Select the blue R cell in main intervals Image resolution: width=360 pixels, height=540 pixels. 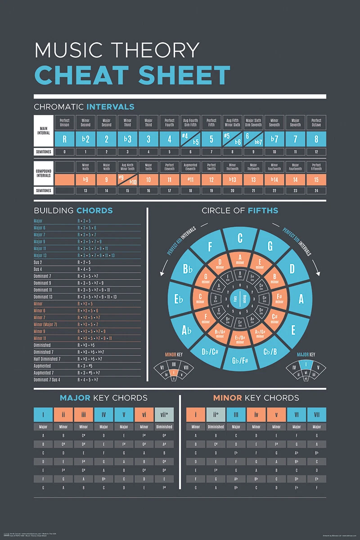64,139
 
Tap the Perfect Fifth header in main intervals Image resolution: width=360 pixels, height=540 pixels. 211,122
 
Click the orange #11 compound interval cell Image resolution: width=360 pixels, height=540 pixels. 190,180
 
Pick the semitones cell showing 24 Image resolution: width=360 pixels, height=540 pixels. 316,191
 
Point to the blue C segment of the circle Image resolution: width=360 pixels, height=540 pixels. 240,238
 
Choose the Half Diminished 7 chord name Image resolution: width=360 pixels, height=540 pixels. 47,359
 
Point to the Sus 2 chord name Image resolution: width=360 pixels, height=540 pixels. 38,262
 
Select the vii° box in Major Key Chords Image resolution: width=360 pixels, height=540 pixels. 164,414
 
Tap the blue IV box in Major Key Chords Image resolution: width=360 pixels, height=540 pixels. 103,414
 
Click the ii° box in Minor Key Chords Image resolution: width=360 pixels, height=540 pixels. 216,414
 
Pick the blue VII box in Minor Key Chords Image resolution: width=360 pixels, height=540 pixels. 316,414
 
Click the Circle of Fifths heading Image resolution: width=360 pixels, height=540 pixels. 240,211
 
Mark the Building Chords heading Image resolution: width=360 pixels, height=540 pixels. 73,211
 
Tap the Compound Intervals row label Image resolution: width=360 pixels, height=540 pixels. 44,173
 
